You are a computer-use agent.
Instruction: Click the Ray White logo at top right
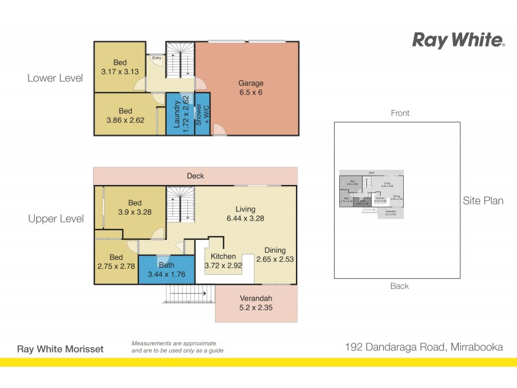tap(458, 40)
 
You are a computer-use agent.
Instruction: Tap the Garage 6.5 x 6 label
tap(251, 88)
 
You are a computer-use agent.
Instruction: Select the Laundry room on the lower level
tap(180, 114)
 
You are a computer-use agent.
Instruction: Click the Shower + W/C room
tap(202, 115)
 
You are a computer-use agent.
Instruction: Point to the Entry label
tap(156, 58)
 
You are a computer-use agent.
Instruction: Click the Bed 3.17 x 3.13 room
tap(120, 67)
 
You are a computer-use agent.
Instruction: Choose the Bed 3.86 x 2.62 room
tap(125, 115)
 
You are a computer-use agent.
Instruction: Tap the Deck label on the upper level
tap(195, 175)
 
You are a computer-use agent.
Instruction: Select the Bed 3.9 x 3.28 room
tap(134, 208)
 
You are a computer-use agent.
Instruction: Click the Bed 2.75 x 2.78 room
tap(116, 261)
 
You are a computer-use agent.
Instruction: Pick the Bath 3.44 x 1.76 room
tap(167, 270)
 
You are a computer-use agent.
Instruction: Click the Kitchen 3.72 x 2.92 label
tap(224, 261)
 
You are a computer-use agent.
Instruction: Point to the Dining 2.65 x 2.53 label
tap(274, 255)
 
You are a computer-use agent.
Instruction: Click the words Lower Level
tap(55, 78)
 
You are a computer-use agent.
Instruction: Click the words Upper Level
tap(56, 219)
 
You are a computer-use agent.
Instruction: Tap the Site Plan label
tap(483, 200)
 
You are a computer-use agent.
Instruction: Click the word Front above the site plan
tap(400, 113)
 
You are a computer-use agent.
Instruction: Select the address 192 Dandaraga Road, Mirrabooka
tap(423, 347)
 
